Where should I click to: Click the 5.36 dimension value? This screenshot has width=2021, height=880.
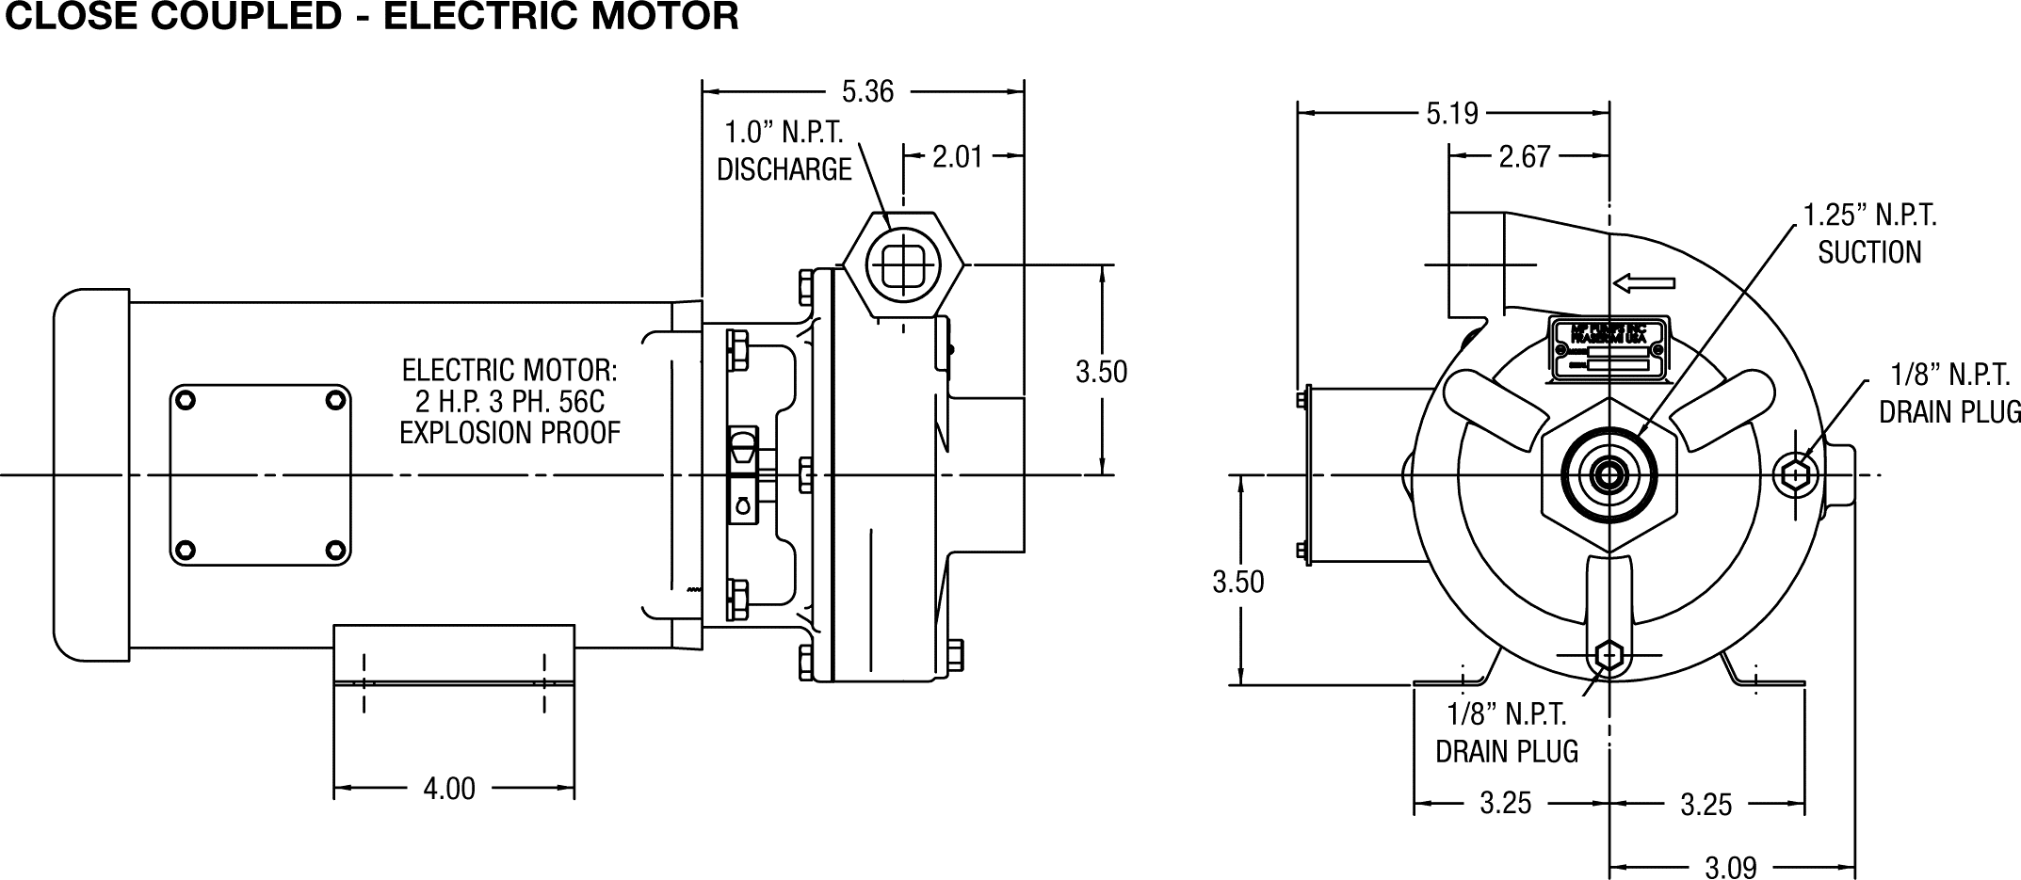click(867, 91)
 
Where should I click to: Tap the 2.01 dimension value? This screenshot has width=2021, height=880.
click(957, 156)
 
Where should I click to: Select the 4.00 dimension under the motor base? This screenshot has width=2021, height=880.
click(449, 789)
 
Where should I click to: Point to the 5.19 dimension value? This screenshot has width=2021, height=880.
click(1452, 114)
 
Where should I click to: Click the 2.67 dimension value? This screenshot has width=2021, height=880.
click(1524, 156)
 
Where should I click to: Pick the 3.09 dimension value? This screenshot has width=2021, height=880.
click(1731, 867)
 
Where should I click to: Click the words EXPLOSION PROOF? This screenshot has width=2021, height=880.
click(509, 433)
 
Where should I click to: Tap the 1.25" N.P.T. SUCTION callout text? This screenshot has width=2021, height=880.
click(1869, 234)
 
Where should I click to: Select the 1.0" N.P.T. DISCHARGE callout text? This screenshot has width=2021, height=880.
click(784, 151)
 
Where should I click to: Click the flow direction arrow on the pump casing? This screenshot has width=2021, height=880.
click(1644, 282)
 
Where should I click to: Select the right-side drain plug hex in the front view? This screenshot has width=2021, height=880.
click(1793, 475)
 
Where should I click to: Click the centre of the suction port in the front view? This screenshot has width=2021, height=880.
click(1609, 475)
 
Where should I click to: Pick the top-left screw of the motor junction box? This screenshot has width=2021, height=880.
click(186, 401)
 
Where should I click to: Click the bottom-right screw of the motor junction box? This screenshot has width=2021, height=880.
click(334, 550)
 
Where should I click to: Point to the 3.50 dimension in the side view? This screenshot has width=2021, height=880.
click(1101, 372)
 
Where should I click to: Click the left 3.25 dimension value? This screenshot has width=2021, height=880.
click(1505, 804)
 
